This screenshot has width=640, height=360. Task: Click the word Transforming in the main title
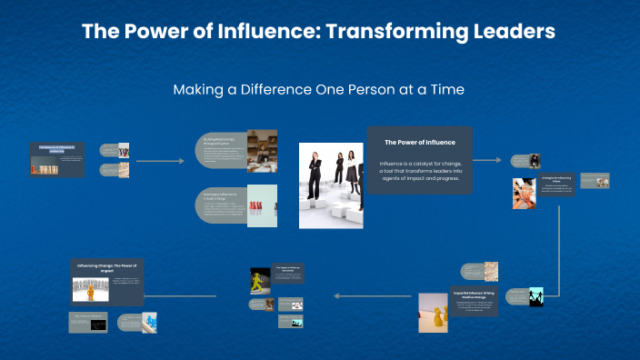click(396, 31)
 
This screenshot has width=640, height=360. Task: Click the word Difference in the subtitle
click(275, 90)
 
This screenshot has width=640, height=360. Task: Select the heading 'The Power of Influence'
click(419, 143)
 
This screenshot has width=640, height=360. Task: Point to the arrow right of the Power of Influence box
click(488, 160)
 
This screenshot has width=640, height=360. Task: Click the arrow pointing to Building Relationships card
click(157, 160)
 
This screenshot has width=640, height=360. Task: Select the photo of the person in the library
click(262, 150)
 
